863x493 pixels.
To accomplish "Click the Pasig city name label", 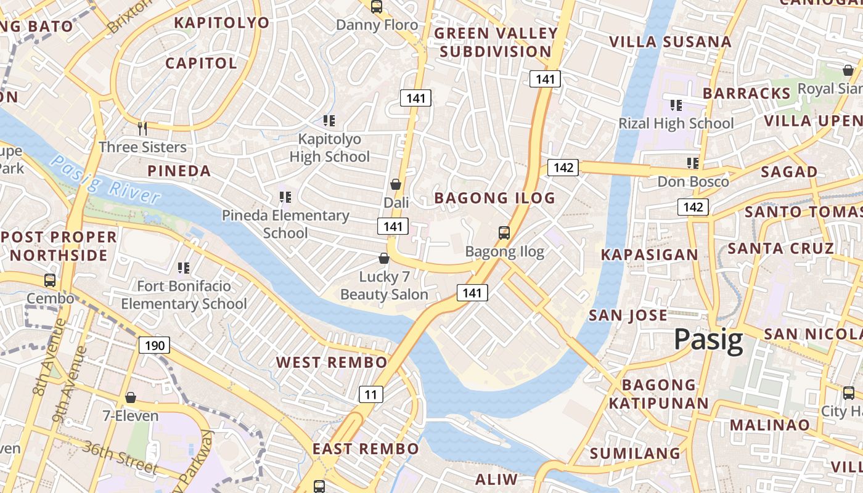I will (x=708, y=340).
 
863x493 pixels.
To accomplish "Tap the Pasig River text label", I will (x=105, y=179).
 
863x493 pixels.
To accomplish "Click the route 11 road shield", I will (x=370, y=394).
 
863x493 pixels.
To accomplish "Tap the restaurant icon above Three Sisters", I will (x=142, y=128).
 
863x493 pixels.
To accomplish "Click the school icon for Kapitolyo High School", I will (x=329, y=121).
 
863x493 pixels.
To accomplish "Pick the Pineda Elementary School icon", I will (x=285, y=197).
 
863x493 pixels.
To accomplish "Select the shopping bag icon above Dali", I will (x=396, y=184).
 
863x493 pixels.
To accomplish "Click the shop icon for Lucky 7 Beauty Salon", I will (x=383, y=258).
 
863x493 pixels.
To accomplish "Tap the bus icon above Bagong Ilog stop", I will (x=504, y=233).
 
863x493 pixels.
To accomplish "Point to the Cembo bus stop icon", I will (x=50, y=280).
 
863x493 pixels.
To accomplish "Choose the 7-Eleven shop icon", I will (x=130, y=397).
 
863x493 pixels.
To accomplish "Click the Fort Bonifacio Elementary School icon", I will (x=183, y=267).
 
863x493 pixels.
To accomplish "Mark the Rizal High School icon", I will (x=676, y=105).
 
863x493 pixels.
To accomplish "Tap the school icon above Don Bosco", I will (x=693, y=163).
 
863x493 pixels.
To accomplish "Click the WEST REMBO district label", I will (x=331, y=362).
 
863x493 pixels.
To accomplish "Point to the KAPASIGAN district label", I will (x=649, y=255).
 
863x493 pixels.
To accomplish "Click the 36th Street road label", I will (x=120, y=457).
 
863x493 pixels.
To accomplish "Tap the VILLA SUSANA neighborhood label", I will (x=670, y=42).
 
